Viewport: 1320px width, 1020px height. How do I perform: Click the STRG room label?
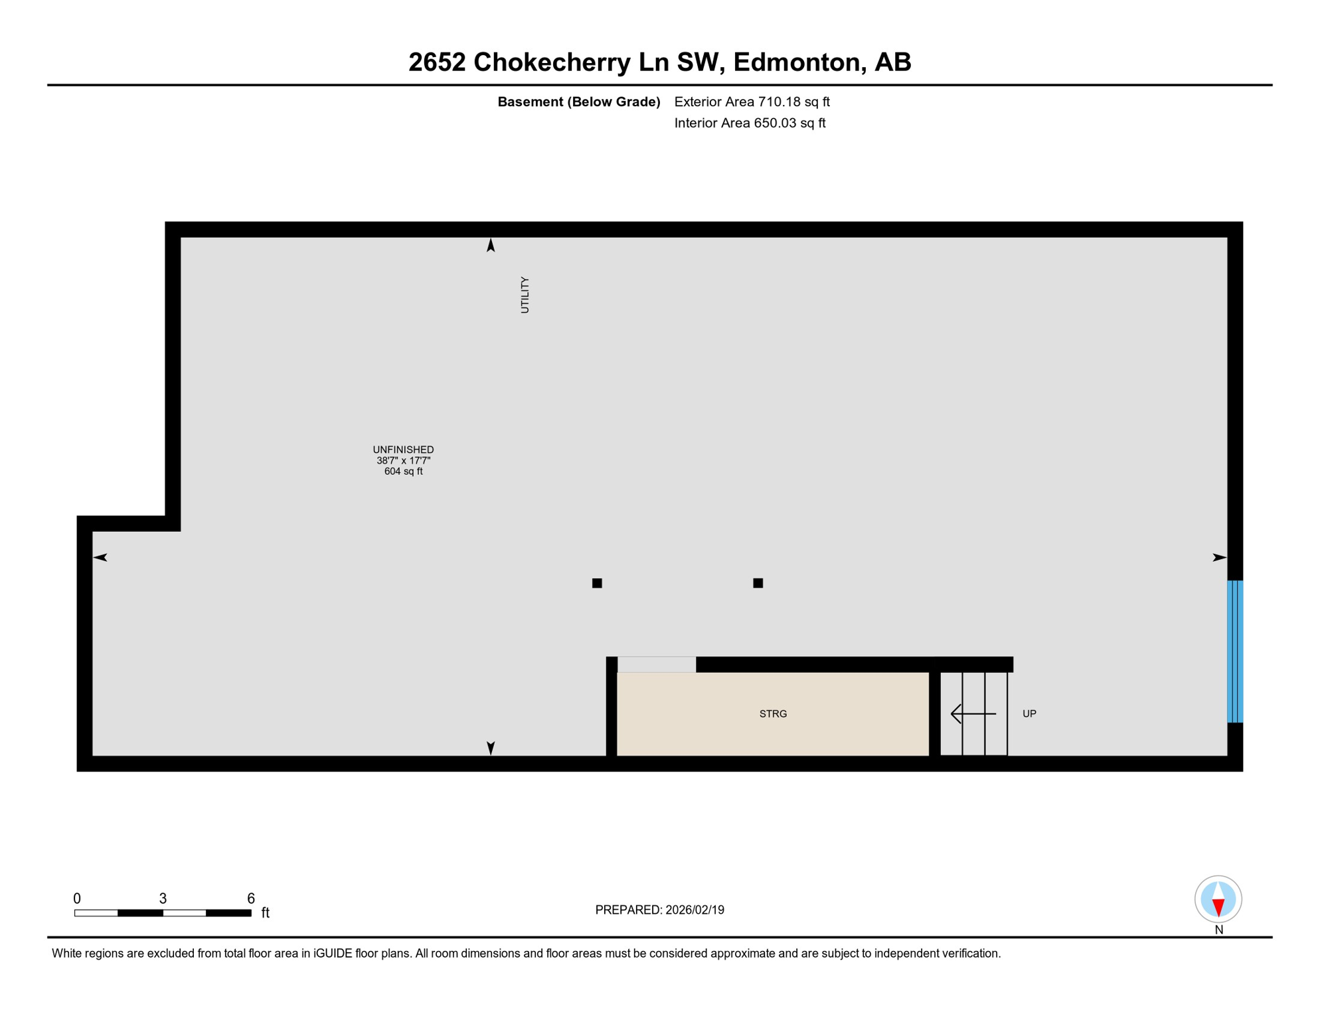pos(773,714)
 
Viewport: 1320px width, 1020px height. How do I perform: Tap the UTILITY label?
pos(525,295)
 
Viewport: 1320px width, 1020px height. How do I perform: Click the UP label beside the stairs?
pos(1029,714)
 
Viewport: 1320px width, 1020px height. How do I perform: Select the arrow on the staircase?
pos(973,714)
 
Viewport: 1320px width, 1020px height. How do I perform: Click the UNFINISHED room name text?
pos(403,450)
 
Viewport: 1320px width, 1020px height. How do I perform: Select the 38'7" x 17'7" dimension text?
pos(403,460)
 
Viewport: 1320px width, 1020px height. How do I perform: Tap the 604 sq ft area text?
pos(403,471)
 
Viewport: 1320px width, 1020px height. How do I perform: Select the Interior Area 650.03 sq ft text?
pos(750,123)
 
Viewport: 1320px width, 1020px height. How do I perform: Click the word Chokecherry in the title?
pos(552,62)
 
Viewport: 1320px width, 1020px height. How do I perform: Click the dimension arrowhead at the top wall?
pos(491,246)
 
